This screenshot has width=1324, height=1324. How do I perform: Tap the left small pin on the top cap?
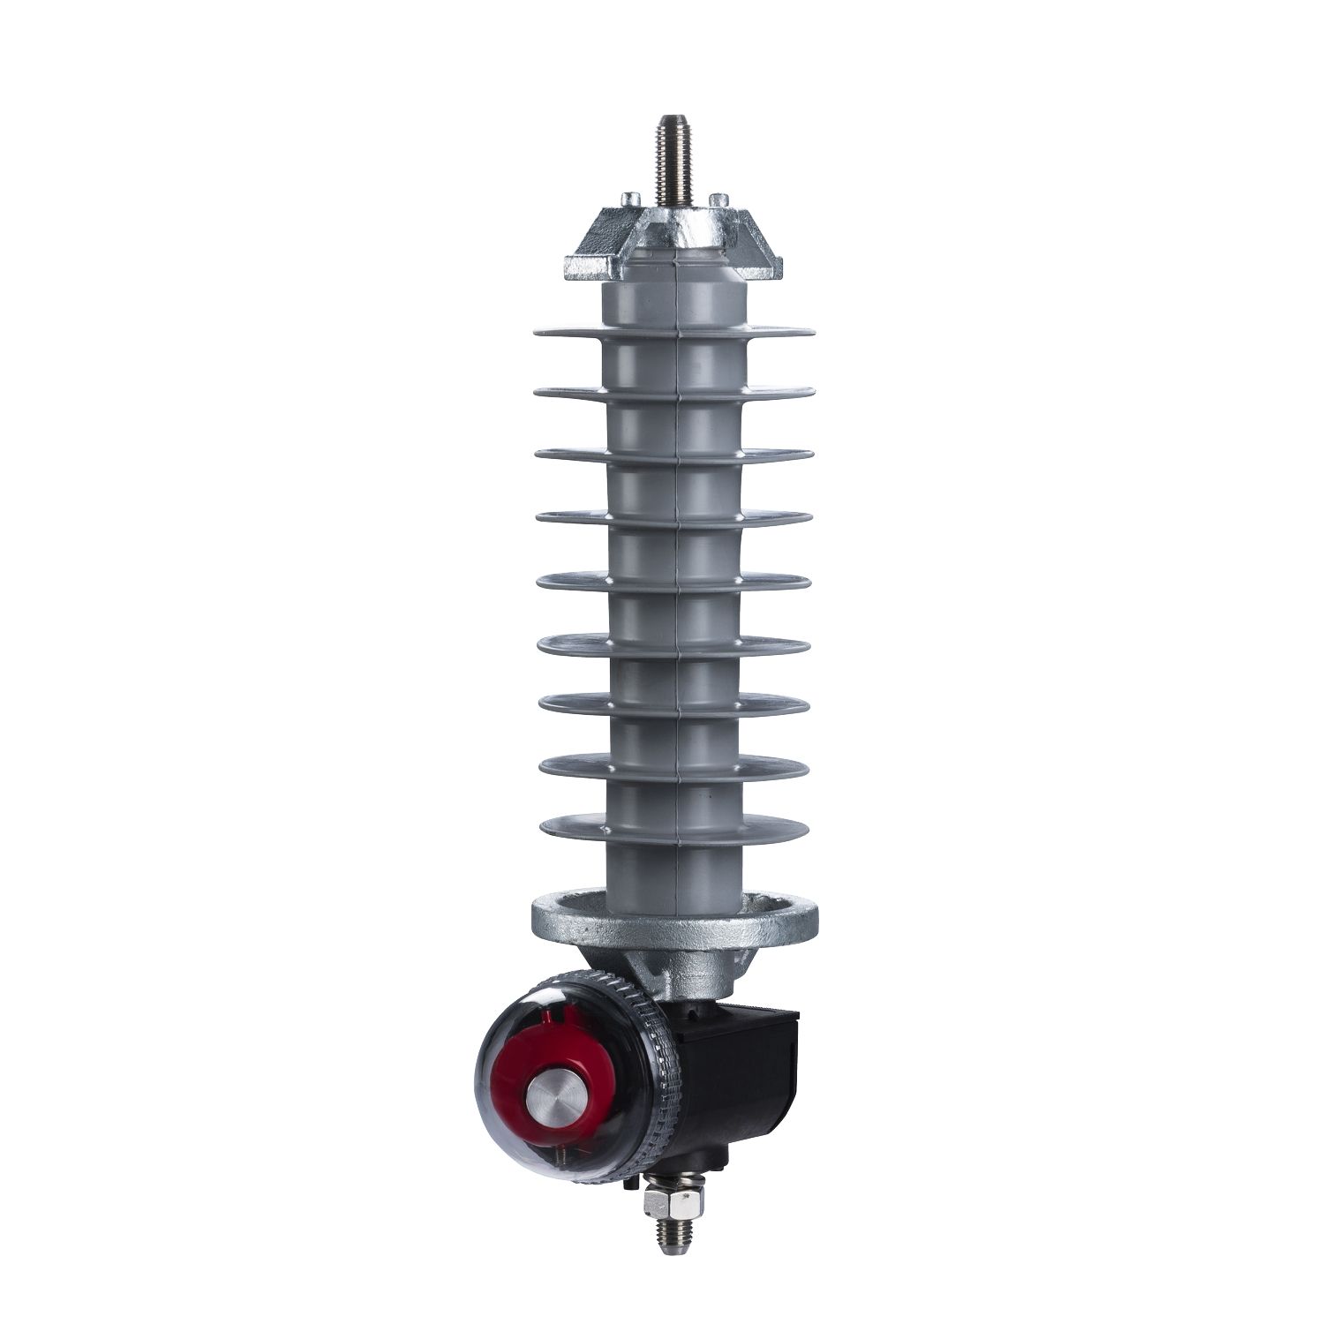pos(629,199)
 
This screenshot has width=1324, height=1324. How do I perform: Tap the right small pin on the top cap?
pos(719,199)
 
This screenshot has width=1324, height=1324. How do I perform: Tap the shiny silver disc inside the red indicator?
pos(552,1098)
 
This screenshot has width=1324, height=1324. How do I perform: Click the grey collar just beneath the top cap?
pos(675,296)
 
